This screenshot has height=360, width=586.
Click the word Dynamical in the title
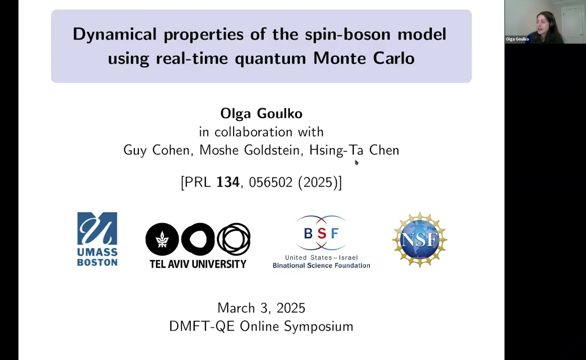pyautogui.click(x=115, y=35)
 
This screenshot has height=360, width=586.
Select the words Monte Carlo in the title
pyautogui.click(x=364, y=58)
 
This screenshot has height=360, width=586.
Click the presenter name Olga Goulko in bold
pyautogui.click(x=261, y=113)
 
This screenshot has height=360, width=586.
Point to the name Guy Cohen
pyautogui.click(x=157, y=150)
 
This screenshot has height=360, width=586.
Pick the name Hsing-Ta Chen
pyautogui.click(x=354, y=150)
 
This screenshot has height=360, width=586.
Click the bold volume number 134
pyautogui.click(x=228, y=183)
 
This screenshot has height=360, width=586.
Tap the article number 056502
pyautogui.click(x=271, y=183)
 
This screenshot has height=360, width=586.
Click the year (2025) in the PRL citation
pyautogui.click(x=318, y=183)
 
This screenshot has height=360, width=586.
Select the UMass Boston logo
pyautogui.click(x=97, y=239)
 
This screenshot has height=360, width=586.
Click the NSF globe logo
pyautogui.click(x=420, y=240)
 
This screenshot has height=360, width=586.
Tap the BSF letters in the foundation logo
pyautogui.click(x=321, y=233)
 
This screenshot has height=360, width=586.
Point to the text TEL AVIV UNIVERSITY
pyautogui.click(x=198, y=264)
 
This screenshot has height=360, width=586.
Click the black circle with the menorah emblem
pyautogui.click(x=162, y=239)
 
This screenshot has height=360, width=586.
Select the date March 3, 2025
pyautogui.click(x=261, y=308)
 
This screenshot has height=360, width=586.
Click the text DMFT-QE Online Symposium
pyautogui.click(x=261, y=327)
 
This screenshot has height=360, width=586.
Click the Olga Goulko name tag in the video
pyautogui.click(x=517, y=39)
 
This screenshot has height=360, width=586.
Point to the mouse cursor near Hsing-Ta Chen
pyautogui.click(x=356, y=162)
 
